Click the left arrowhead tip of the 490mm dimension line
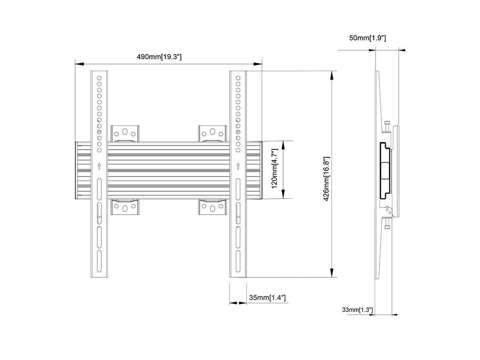click(x=75, y=64)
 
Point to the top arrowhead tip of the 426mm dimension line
click(x=332, y=71)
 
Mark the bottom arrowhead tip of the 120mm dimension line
click(x=283, y=198)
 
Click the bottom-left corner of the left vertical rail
click(x=91, y=277)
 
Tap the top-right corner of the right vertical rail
click(x=246, y=71)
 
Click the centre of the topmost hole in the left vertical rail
click(x=99, y=78)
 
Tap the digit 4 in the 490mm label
click(x=139, y=56)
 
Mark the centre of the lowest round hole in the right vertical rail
click(x=238, y=150)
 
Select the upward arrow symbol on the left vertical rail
click(x=99, y=166)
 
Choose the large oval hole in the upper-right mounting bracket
click(x=212, y=132)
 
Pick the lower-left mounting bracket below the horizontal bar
click(x=125, y=207)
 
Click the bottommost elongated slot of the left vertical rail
click(x=99, y=261)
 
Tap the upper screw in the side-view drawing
click(x=387, y=126)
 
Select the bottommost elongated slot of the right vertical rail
click(x=238, y=261)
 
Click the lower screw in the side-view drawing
click(x=387, y=223)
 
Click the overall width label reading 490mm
click(x=159, y=56)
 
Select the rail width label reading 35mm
click(x=267, y=297)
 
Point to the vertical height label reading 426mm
click(x=326, y=179)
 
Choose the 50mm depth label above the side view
click(x=368, y=38)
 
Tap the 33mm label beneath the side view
click(x=357, y=310)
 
